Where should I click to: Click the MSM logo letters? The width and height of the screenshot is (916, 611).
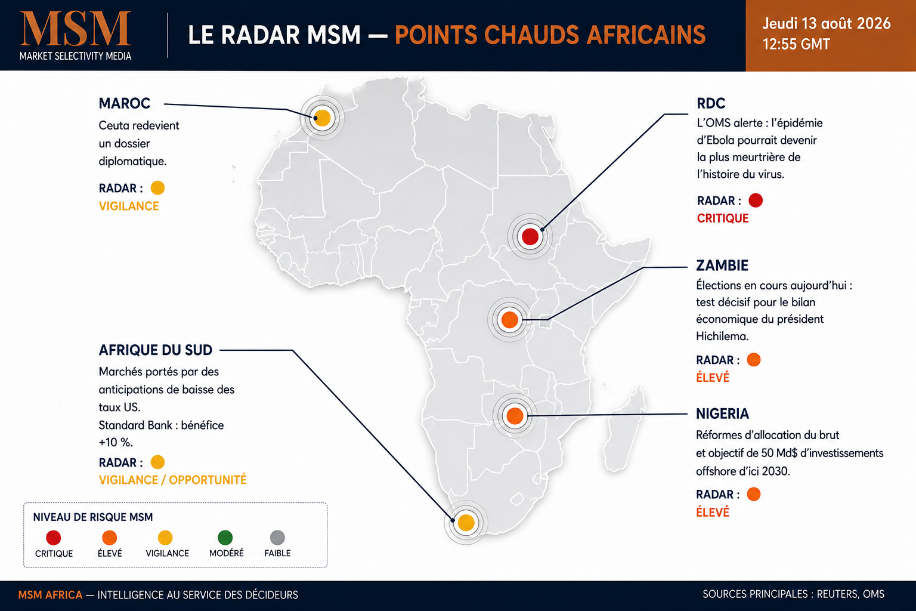[x=76, y=29]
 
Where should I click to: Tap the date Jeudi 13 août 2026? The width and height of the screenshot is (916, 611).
[x=827, y=23]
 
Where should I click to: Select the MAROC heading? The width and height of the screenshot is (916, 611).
[x=125, y=104]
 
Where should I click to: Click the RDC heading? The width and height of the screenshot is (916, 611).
[x=711, y=104]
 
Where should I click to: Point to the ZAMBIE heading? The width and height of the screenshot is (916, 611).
[x=722, y=266]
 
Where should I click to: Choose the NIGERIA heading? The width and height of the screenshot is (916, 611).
[x=723, y=413]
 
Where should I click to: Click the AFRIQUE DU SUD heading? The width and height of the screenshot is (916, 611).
[x=156, y=350]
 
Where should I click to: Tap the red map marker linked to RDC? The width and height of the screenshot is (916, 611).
[x=530, y=236]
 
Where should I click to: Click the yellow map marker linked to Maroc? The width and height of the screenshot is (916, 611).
[x=322, y=118]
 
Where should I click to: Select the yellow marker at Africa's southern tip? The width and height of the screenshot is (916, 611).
[x=466, y=523]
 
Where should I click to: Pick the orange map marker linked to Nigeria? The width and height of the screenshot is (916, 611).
[x=515, y=416]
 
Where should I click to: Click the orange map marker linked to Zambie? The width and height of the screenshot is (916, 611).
[x=509, y=320]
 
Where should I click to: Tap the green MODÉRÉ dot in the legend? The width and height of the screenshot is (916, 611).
[x=225, y=538]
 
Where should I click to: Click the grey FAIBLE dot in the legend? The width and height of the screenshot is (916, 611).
[x=278, y=538]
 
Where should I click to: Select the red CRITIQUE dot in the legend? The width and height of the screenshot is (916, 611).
[x=54, y=538]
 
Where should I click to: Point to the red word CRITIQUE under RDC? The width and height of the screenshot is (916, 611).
[x=723, y=218]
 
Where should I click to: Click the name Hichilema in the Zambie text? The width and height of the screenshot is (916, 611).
[x=722, y=337]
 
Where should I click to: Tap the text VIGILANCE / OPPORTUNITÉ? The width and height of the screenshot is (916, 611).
[x=172, y=480]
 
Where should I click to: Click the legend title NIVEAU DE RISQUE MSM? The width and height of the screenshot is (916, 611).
[x=93, y=517]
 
